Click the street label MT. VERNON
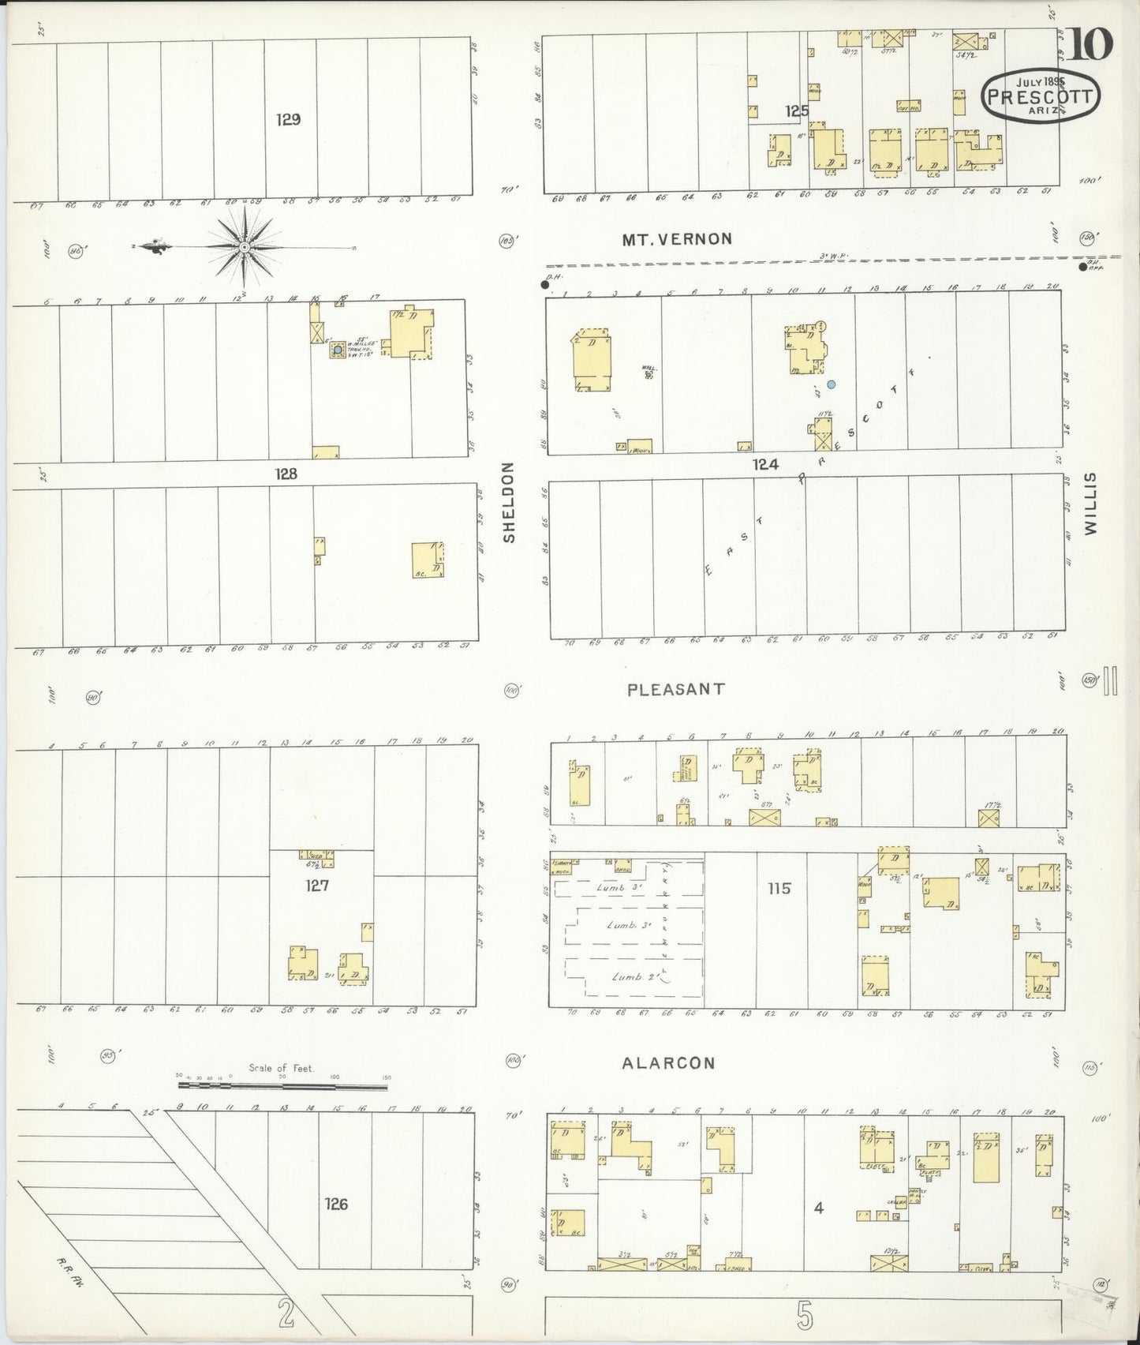pyautogui.click(x=677, y=238)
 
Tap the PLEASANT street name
pyautogui.click(x=675, y=689)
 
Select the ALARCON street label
pyautogui.click(x=668, y=1062)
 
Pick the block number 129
pyautogui.click(x=289, y=120)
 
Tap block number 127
pyautogui.click(x=316, y=886)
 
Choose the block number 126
pyautogui.click(x=335, y=1204)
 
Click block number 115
pyautogui.click(x=778, y=889)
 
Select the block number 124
pyautogui.click(x=764, y=465)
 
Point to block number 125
pyautogui.click(x=797, y=111)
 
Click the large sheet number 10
pyautogui.click(x=1091, y=43)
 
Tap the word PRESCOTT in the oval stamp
pyautogui.click(x=1039, y=98)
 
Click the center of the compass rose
pyautogui.click(x=245, y=246)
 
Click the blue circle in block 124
pyautogui.click(x=830, y=385)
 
